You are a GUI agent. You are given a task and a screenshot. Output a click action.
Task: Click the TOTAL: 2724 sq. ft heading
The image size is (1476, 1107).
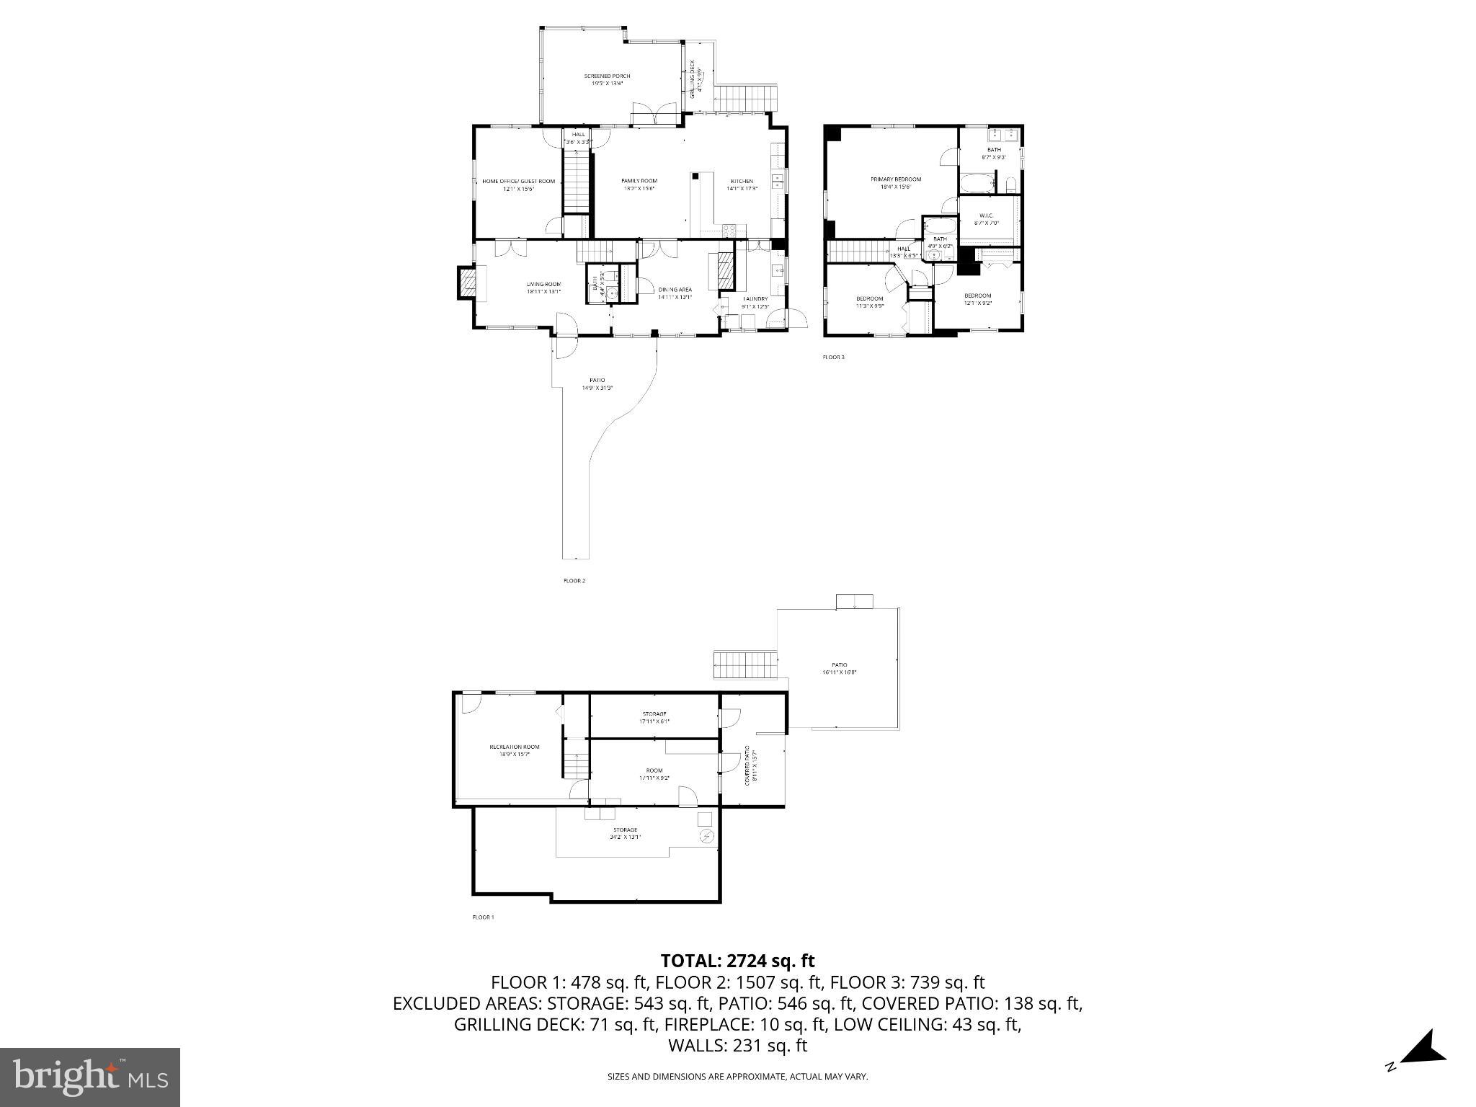coord(737,961)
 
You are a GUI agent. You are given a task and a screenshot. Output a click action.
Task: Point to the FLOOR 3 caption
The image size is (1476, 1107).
coord(833,357)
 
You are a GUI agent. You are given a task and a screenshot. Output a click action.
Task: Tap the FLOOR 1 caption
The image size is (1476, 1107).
coord(483,917)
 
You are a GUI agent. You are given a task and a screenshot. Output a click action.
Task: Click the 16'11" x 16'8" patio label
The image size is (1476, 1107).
coord(839,669)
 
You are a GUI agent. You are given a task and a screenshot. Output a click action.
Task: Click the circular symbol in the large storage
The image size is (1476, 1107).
coord(706,837)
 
